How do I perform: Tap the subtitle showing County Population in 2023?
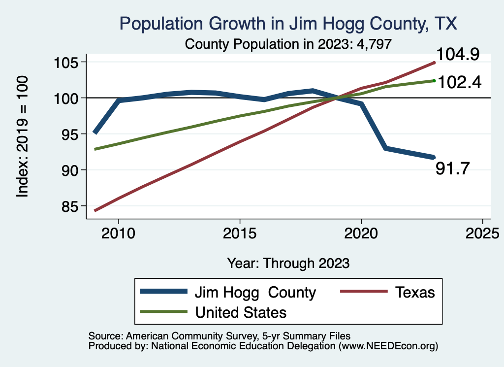(288, 44)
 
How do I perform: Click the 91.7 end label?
(453, 169)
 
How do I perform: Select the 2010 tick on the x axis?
(118, 232)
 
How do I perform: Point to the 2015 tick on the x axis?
(240, 232)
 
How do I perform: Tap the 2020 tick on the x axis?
(361, 232)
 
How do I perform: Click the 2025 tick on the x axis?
(482, 232)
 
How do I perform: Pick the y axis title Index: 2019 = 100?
(23, 136)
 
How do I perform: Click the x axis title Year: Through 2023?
(288, 263)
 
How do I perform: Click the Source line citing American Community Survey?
(220, 335)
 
